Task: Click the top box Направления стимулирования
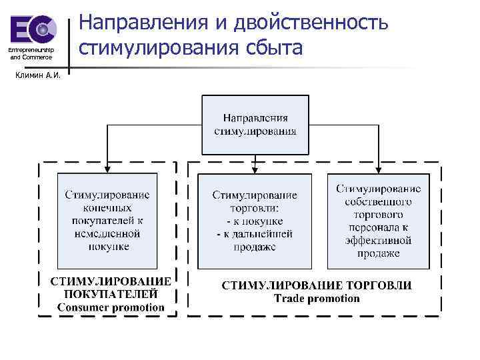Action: point(255,124)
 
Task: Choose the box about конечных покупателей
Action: point(107,221)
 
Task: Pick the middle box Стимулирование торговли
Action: point(255,221)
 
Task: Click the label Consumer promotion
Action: point(111,307)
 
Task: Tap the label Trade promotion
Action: point(316,298)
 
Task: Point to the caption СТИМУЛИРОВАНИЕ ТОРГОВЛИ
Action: point(316,285)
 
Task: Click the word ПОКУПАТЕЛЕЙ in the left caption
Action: point(111,293)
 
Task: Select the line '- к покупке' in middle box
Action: point(255,221)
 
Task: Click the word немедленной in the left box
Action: point(107,234)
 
